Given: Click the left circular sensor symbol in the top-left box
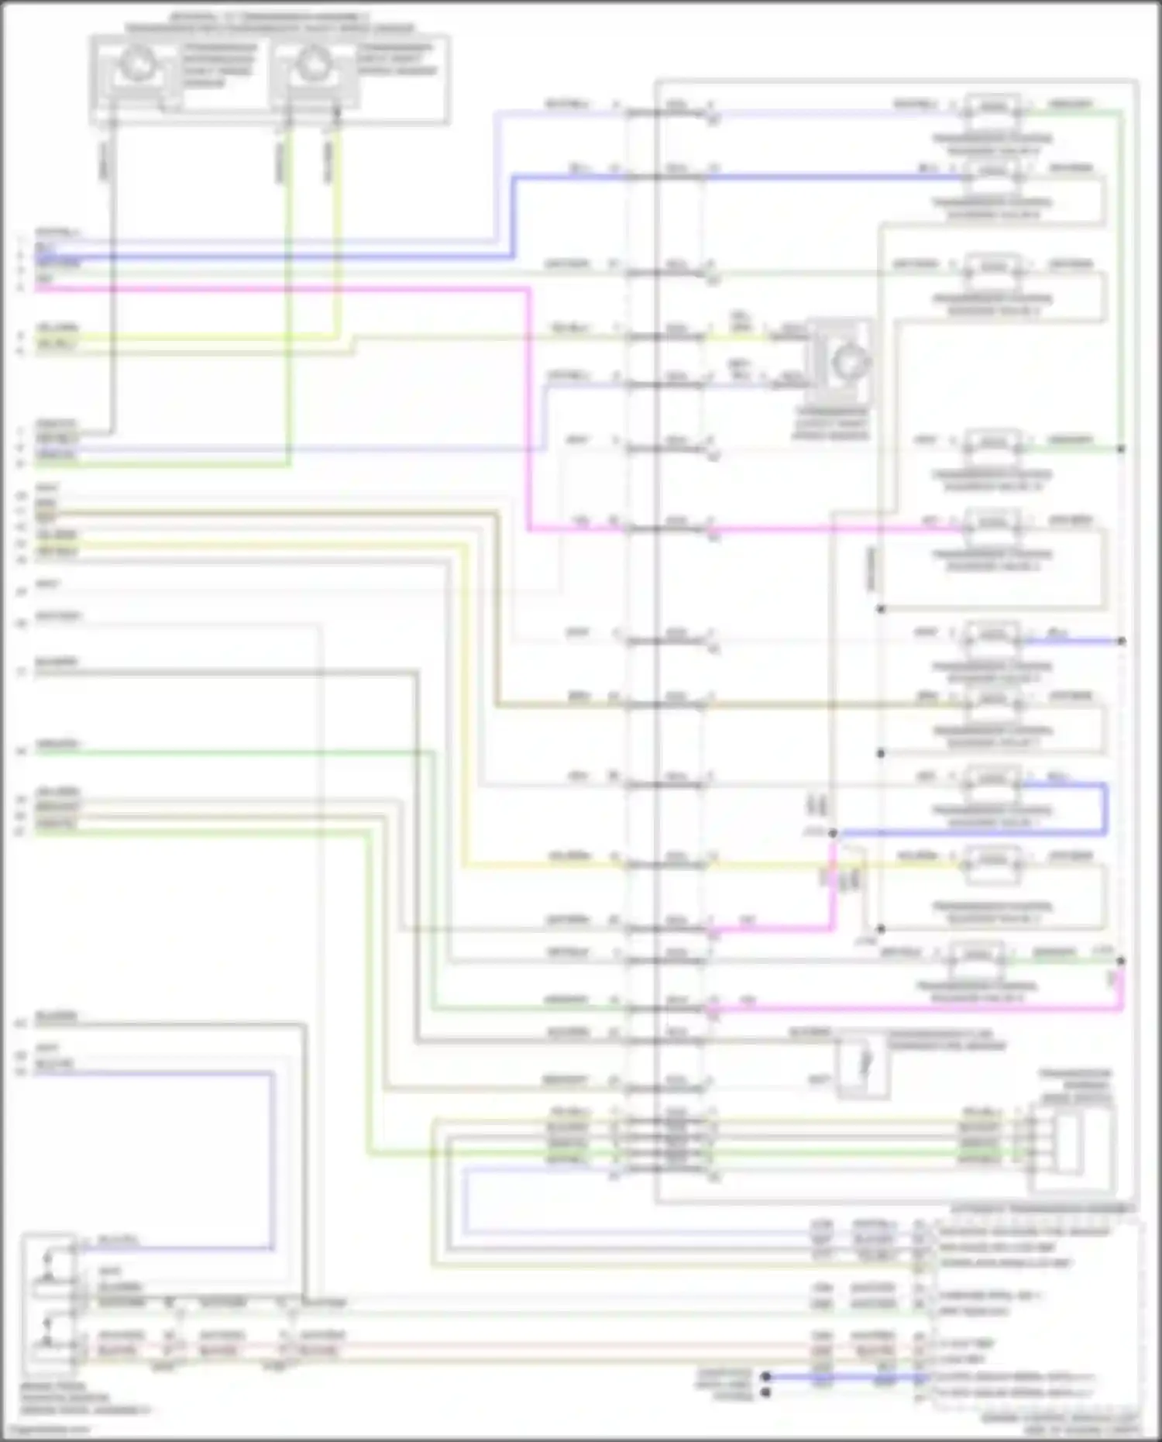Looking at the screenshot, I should [x=137, y=65].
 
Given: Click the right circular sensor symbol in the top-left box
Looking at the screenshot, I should [x=313, y=65].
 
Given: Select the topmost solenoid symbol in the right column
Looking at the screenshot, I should [x=993, y=106].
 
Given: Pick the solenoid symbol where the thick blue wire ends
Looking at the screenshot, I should [x=993, y=170].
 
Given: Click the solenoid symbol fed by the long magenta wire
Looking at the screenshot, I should [x=993, y=523].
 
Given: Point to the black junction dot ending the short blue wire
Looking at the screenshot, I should [x=1121, y=641].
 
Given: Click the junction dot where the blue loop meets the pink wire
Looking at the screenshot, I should [x=833, y=833].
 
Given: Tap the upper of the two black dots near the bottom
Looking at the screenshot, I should [x=765, y=1376].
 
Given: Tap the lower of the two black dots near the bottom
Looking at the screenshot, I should [x=765, y=1392].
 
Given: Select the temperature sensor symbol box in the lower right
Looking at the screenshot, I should [x=862, y=1067].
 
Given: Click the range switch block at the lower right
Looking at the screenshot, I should [x=1073, y=1149].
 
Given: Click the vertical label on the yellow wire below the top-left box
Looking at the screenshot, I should [x=328, y=163].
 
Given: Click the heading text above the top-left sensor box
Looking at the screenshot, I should [x=270, y=22].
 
